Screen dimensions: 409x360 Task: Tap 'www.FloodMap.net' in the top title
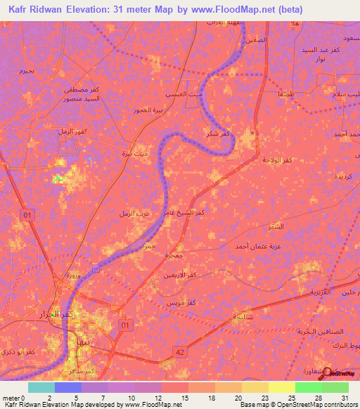[243, 10]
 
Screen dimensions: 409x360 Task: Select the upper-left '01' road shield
[27, 214]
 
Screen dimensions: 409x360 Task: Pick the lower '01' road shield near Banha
[126, 325]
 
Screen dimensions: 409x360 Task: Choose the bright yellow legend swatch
[281, 387]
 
